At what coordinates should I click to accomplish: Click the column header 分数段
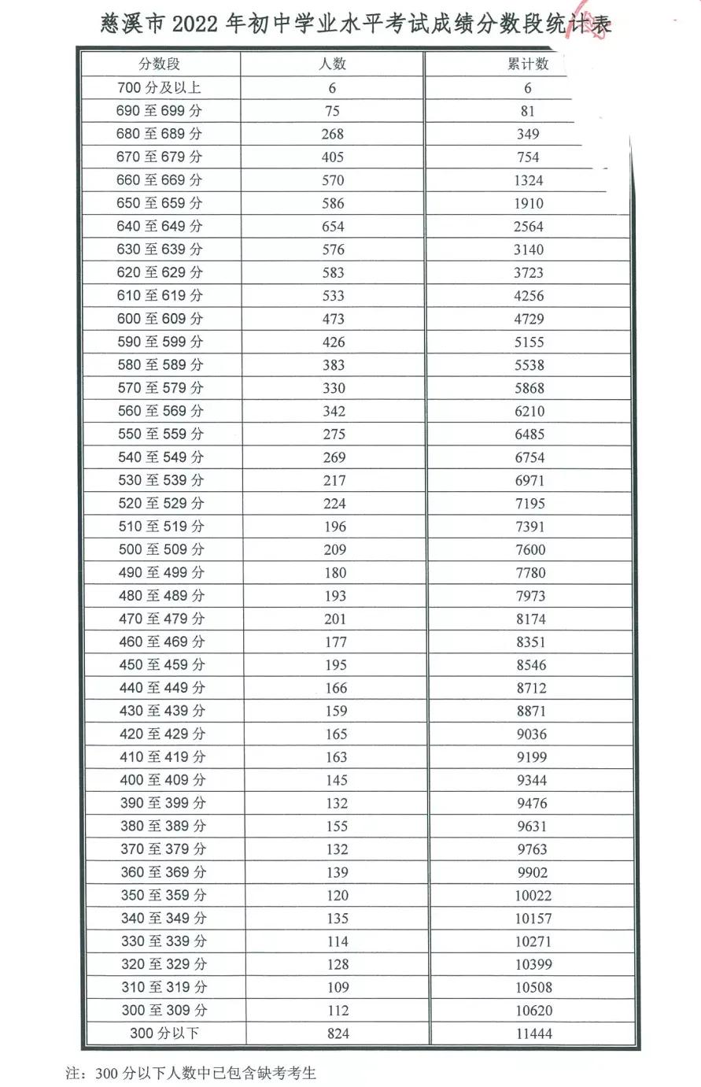pos(159,65)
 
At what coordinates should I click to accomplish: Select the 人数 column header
pos(332,65)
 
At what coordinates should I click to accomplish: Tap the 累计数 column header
pos(528,65)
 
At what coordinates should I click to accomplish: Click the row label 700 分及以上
pos(159,88)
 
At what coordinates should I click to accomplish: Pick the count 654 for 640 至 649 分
pos(333,227)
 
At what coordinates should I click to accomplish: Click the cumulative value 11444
pos(534,1033)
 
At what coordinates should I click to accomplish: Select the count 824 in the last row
pos(338,1033)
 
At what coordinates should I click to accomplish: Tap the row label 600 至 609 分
pos(160,319)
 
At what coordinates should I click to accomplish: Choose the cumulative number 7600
pos(530,550)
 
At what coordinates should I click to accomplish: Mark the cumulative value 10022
pos(533,896)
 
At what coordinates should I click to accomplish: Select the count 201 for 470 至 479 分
pos(335,619)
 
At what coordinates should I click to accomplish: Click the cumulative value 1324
pos(529,181)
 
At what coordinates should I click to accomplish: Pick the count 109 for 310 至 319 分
pos(337,988)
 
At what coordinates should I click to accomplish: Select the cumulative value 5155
pos(529,342)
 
